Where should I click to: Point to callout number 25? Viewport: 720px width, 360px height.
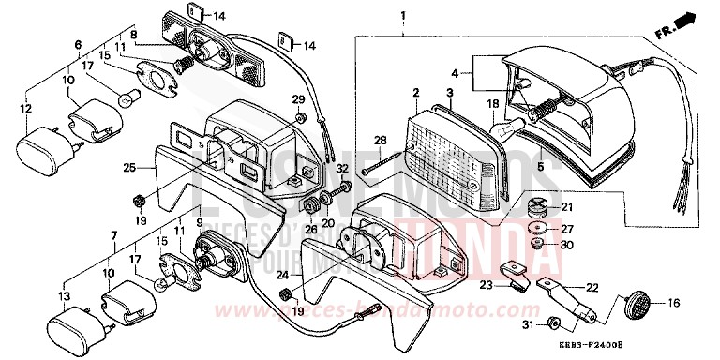[x=129, y=168]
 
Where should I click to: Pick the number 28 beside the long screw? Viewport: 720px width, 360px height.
[x=381, y=140]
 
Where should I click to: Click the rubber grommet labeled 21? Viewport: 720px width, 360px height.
[x=540, y=206]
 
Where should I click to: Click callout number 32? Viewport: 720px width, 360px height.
[x=343, y=169]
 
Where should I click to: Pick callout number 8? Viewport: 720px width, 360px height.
[x=134, y=35]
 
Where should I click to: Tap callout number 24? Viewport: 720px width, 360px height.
[x=282, y=275]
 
